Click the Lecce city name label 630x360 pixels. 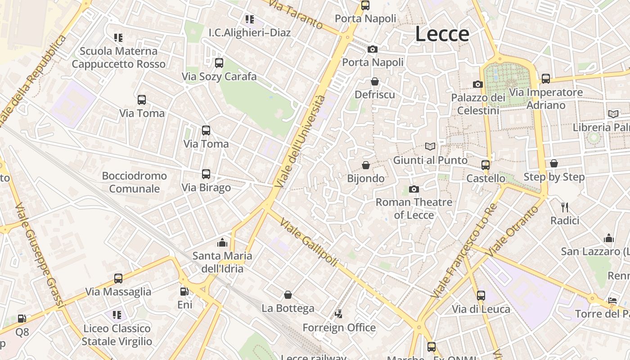[x=442, y=34]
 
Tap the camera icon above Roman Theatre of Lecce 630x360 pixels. [x=414, y=189]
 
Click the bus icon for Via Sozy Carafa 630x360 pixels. [x=219, y=63]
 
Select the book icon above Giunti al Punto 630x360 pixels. [x=431, y=146]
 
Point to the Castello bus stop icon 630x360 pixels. [x=486, y=165]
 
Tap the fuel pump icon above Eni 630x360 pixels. [x=184, y=292]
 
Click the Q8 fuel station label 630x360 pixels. [x=22, y=332]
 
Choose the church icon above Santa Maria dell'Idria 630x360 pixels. [x=222, y=243]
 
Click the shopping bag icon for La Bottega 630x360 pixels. [x=288, y=295]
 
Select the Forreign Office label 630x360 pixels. [x=339, y=328]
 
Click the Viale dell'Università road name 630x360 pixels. [x=300, y=141]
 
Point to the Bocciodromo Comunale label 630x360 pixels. [x=134, y=182]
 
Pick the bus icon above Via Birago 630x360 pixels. [x=206, y=174]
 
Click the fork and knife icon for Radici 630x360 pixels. [x=565, y=207]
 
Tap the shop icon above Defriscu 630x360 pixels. [x=374, y=81]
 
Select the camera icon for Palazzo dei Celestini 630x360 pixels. [x=478, y=84]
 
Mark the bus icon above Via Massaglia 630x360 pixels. [x=118, y=279]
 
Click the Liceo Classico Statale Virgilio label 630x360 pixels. [x=117, y=335]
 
